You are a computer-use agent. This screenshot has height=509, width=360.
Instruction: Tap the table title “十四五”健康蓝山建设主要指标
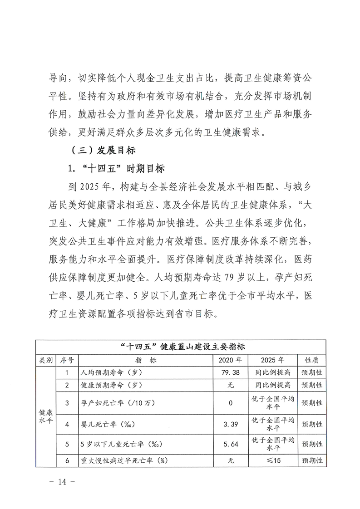pos(180,347)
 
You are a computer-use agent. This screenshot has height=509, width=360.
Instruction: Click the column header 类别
pos(46,360)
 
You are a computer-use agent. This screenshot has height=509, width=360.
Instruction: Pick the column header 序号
pos(67,360)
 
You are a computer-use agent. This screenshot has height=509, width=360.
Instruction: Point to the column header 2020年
pos(231,360)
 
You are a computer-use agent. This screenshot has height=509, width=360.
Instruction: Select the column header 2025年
pos(273,360)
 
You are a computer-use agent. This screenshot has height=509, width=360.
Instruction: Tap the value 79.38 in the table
pos(231,373)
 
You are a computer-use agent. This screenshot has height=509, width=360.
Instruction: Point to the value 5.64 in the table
pos(231,444)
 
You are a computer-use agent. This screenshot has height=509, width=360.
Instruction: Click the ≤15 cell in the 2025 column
pos(273,460)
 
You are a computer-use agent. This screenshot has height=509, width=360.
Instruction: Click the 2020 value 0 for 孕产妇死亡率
pos(231,402)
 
